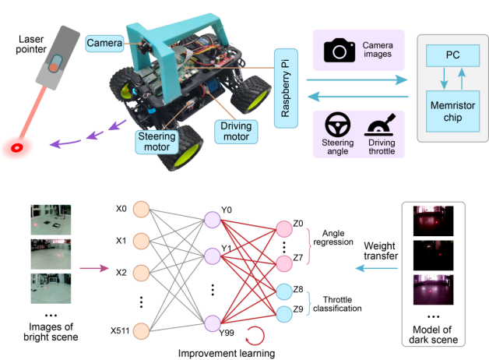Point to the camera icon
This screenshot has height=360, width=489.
click(x=339, y=52)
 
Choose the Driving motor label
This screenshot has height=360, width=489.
click(x=236, y=130)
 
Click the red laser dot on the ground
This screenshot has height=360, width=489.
click(x=16, y=146)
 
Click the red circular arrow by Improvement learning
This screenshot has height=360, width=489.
click(x=255, y=337)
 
